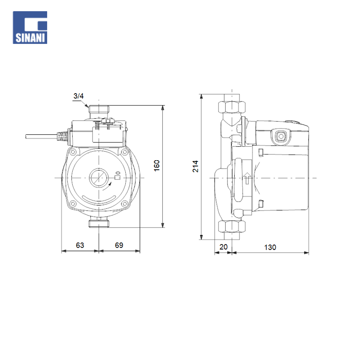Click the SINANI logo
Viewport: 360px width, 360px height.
tap(30, 28)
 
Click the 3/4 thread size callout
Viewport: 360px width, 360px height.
tap(78, 96)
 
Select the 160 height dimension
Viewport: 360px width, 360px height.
tap(157, 166)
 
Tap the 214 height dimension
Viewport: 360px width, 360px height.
tap(195, 166)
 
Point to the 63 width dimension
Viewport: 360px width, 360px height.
tap(80, 245)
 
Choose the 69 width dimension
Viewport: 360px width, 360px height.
tap(119, 245)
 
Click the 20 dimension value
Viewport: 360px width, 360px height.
tap(224, 247)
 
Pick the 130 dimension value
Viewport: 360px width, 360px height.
tap(270, 248)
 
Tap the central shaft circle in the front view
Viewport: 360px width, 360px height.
tap(99, 178)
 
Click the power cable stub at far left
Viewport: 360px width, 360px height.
tap(41, 136)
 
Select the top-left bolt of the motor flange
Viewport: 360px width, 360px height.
tap(73, 152)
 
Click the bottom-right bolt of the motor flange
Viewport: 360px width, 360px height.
tap(125, 203)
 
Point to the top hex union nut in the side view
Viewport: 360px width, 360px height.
tap(231, 107)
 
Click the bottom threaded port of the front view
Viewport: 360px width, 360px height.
tap(99, 224)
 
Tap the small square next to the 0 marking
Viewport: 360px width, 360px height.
tap(117, 177)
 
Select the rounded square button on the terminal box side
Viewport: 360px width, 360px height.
tap(281, 136)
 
